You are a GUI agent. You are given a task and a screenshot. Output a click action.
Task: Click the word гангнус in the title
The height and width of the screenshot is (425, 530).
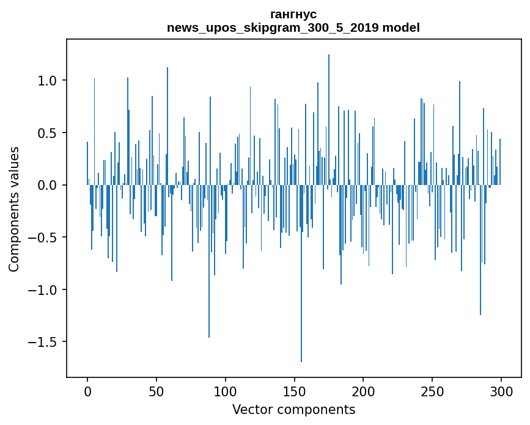(293, 14)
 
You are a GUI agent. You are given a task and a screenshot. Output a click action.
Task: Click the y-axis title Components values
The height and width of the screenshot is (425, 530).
(14, 209)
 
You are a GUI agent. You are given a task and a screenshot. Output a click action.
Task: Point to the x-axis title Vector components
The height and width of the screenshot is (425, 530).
(293, 409)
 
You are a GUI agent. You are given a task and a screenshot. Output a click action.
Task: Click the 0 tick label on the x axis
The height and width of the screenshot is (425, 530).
(87, 391)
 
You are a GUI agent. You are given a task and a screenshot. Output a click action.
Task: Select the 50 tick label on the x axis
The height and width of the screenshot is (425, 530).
(156, 391)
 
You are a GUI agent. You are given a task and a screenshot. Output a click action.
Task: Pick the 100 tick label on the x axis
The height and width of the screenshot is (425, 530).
(226, 391)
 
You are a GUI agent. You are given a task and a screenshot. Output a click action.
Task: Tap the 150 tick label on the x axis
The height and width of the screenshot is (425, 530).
(294, 391)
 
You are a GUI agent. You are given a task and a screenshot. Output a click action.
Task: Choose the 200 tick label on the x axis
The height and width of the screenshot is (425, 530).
(363, 391)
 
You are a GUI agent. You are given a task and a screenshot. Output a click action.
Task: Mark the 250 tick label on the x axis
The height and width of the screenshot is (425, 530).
(432, 391)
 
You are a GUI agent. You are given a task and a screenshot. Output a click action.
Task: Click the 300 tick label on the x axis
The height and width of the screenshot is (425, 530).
(501, 391)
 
